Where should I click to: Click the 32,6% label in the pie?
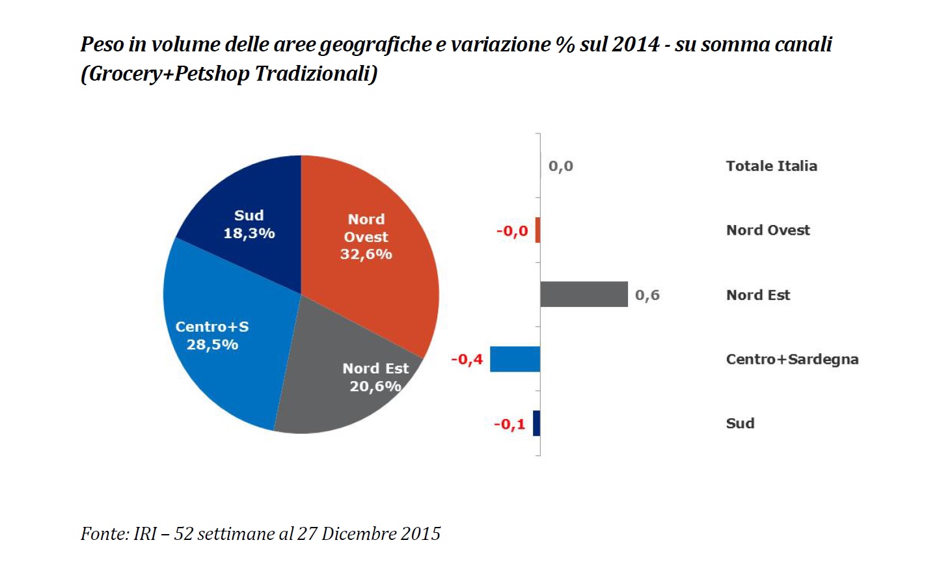point(366,254)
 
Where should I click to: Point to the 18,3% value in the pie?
point(249,234)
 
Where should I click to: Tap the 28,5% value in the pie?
point(212,345)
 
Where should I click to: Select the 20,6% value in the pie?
point(375,386)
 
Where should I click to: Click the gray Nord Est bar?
point(584,294)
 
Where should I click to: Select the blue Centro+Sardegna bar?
point(515,359)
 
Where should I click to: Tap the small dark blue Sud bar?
point(536,423)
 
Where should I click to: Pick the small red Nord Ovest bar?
point(538,230)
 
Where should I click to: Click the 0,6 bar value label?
point(647,295)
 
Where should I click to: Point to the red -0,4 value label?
point(467,360)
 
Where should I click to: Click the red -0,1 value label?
point(509,425)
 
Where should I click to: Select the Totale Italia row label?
point(771,166)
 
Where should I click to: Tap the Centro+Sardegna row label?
point(792,359)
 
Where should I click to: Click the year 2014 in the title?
point(635,44)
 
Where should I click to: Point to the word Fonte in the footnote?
point(103,534)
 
